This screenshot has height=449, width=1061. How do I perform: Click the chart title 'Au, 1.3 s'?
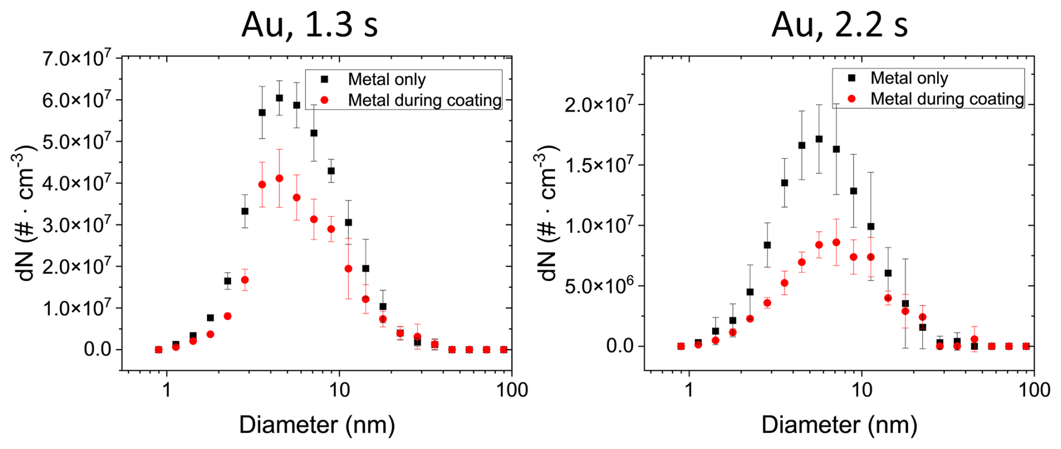coord(310,25)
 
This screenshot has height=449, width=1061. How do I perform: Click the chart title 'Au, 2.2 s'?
coord(839,25)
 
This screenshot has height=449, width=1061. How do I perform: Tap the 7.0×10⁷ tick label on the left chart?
coord(77,58)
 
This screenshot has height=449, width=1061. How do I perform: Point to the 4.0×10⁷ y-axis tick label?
coord(77,184)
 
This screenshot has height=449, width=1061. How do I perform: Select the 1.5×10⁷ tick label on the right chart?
coord(600,166)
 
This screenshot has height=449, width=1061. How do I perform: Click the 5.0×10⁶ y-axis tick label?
coord(600,286)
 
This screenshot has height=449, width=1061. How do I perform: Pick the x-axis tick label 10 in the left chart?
coord(339,390)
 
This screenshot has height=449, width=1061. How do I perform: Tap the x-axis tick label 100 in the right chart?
coord(1034,390)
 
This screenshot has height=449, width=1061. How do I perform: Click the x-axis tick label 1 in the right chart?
coord(689,390)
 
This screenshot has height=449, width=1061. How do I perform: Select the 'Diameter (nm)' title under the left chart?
coord(317,425)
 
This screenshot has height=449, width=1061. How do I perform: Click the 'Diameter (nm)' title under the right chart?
coord(839,425)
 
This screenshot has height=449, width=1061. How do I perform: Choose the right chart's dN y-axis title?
coord(547,213)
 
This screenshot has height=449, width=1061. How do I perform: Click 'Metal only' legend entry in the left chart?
coord(386,80)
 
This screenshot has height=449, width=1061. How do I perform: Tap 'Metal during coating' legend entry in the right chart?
coord(947,99)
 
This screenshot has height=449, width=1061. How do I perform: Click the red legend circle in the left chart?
coord(324,100)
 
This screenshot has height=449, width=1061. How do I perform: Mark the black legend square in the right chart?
coord(852,78)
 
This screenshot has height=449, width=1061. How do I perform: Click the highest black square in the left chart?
coord(279,98)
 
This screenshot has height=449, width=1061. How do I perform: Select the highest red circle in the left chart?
coord(279,178)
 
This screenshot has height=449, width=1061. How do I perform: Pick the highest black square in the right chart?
coord(819,139)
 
